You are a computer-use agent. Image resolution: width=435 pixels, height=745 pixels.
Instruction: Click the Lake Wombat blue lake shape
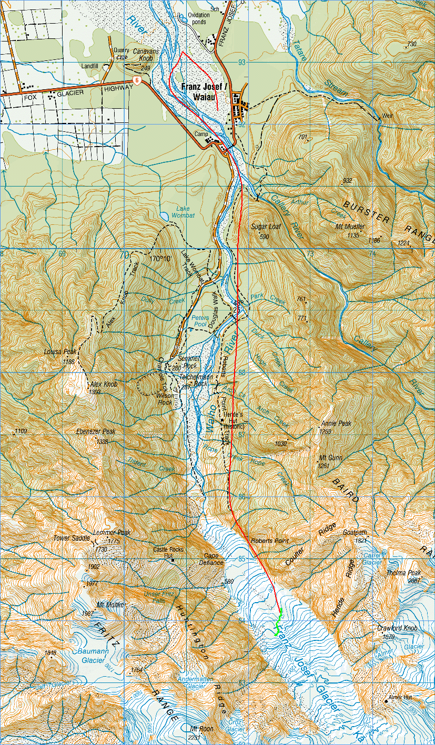tap(165, 216)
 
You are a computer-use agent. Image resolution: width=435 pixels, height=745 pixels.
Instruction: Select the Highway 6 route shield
tap(137, 80)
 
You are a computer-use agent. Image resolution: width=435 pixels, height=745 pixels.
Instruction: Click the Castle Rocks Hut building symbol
tap(173, 561)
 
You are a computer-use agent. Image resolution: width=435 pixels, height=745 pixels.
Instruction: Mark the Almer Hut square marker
tap(386, 701)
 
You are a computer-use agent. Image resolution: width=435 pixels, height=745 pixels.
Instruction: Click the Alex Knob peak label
tap(104, 385)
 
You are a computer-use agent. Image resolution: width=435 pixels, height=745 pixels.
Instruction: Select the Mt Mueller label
tap(350, 228)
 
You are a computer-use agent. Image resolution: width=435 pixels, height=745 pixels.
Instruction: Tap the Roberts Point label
tap(270, 541)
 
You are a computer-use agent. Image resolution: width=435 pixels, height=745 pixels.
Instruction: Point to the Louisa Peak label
tap(60, 351)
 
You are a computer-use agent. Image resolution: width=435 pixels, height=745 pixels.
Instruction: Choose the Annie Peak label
tap(336, 423)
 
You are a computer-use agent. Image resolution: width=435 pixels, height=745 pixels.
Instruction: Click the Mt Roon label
tap(200, 729)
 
